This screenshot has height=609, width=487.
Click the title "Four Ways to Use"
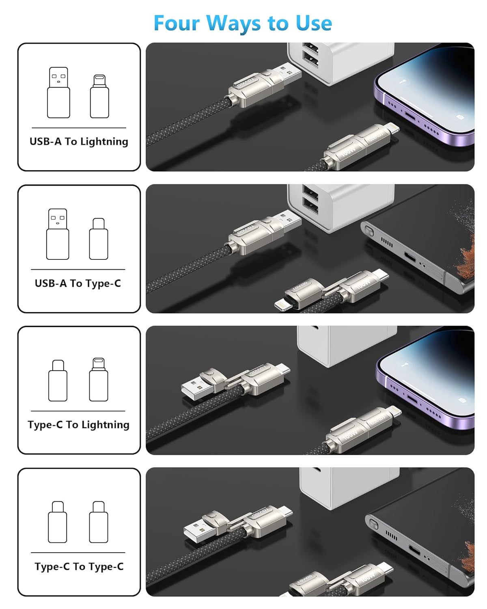(243, 23)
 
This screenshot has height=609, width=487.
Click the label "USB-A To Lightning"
(79, 141)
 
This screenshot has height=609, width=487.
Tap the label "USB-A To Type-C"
(78, 283)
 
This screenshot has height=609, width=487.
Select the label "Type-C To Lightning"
(79, 425)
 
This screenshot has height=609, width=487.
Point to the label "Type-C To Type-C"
(79, 566)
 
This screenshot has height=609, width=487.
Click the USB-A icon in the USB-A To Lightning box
(58, 93)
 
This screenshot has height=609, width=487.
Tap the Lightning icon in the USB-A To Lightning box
(99, 96)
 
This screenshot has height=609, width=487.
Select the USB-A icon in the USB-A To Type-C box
(58, 234)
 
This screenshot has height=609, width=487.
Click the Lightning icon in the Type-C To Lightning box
(99, 379)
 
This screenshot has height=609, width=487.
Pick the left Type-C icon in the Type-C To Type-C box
(58, 522)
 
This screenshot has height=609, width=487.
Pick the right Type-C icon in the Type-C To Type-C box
(99, 522)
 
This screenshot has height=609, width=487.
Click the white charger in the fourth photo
(349, 487)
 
